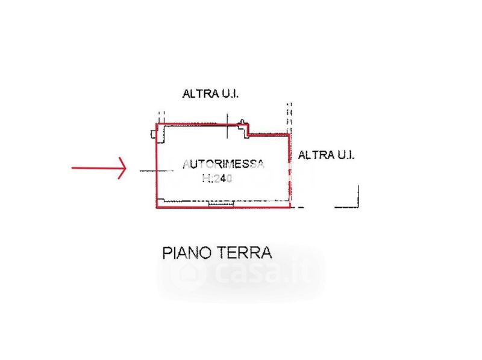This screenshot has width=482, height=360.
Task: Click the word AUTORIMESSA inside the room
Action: (224, 164)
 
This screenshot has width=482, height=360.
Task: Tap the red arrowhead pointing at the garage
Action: (122, 168)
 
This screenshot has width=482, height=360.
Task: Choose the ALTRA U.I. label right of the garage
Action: (327, 155)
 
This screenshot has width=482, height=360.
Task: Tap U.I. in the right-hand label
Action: (345, 155)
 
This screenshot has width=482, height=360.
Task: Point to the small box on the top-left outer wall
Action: (154, 134)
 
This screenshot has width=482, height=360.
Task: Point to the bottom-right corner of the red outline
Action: (290, 208)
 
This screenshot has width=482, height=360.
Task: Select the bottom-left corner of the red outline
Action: (157, 208)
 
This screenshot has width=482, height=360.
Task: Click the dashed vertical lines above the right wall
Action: (289, 118)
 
